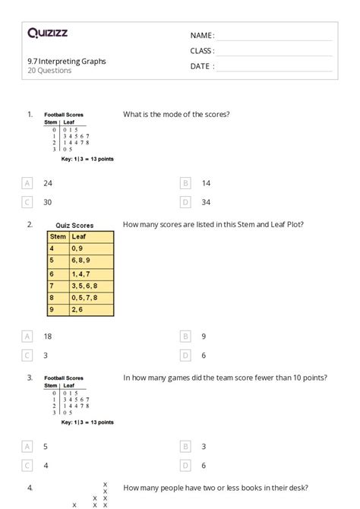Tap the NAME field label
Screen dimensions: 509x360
(x=201, y=36)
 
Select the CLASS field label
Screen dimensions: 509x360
(x=202, y=51)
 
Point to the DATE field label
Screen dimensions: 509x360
(x=201, y=66)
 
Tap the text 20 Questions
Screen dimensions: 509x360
(x=49, y=71)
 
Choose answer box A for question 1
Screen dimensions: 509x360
(x=27, y=183)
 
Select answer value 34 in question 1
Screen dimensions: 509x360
(x=206, y=202)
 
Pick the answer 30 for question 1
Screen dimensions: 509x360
(x=47, y=202)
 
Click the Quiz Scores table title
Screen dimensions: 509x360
(x=74, y=225)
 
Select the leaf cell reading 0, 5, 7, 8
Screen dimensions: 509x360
(x=85, y=298)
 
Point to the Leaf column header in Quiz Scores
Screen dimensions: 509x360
(x=79, y=236)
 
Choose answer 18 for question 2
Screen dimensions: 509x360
(x=48, y=335)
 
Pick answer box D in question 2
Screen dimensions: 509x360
(x=185, y=355)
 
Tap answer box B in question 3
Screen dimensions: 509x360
(x=185, y=447)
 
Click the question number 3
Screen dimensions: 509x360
(x=30, y=378)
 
